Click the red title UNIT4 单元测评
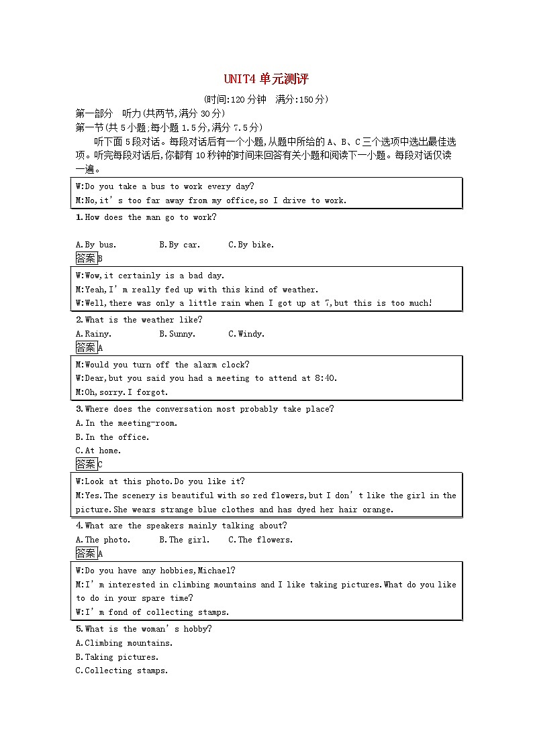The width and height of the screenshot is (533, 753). point(266,79)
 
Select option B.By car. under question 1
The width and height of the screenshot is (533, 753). point(179,245)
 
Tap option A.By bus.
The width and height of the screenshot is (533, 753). point(96,245)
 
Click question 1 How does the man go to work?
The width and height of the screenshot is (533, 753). point(146,217)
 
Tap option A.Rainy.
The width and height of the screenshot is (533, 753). point(93,334)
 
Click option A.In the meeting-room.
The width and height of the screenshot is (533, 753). point(126,423)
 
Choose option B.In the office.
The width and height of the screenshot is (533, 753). point(112,437)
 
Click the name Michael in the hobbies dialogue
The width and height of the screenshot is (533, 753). point(215,571)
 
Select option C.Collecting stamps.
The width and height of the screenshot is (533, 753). point(122,671)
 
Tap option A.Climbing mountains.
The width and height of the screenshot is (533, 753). point(124,643)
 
